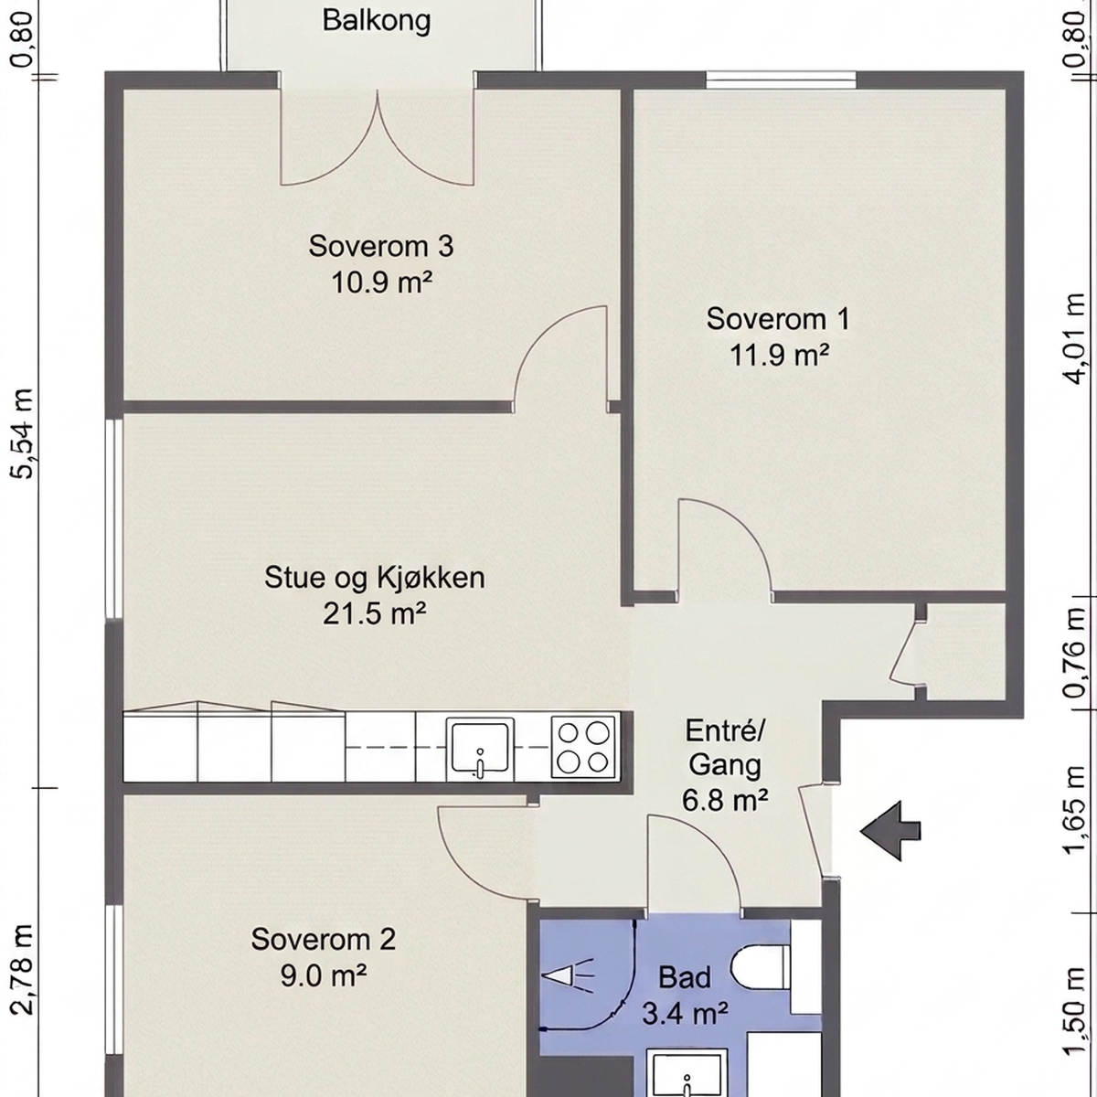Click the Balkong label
[377, 22]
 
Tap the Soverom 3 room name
[381, 247]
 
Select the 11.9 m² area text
[779, 356]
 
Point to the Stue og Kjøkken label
[375, 579]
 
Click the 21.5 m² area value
[375, 614]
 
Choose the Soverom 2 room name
[324, 940]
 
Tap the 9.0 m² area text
[323, 975]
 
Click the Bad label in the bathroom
[685, 978]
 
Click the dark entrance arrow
[889, 831]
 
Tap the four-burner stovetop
[583, 747]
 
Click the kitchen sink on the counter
[480, 749]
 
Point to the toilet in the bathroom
[760, 966]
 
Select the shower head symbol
[568, 976]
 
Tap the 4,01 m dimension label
[1075, 339]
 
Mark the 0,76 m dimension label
[1075, 653]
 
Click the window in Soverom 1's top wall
[781, 80]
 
